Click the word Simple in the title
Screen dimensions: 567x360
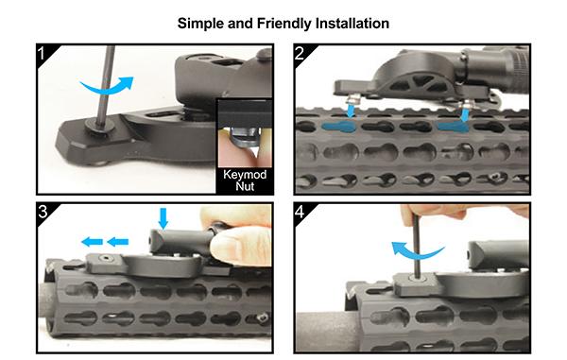pyautogui.click(x=200, y=24)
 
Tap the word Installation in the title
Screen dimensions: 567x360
pyautogui.click(x=352, y=23)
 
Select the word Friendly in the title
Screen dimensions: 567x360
pyautogui.click(x=283, y=24)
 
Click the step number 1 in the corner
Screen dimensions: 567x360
pyautogui.click(x=42, y=54)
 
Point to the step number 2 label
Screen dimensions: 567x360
pyautogui.click(x=300, y=54)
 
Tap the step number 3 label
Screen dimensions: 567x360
pyautogui.click(x=43, y=212)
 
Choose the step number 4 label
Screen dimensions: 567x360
pyautogui.click(x=300, y=212)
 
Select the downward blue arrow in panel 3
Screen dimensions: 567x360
pyautogui.click(x=163, y=218)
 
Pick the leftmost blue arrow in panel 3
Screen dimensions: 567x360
pyautogui.click(x=92, y=242)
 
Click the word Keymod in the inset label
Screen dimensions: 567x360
pyautogui.click(x=245, y=175)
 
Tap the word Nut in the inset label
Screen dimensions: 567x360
pyautogui.click(x=245, y=186)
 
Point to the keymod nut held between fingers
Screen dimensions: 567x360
pyautogui.click(x=243, y=140)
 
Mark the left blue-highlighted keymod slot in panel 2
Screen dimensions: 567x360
pyautogui.click(x=338, y=127)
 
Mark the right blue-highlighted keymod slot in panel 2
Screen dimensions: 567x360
pyautogui.click(x=453, y=127)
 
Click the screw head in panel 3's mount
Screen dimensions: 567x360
pyautogui.click(x=106, y=259)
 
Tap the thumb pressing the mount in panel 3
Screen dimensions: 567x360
pyautogui.click(x=240, y=246)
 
